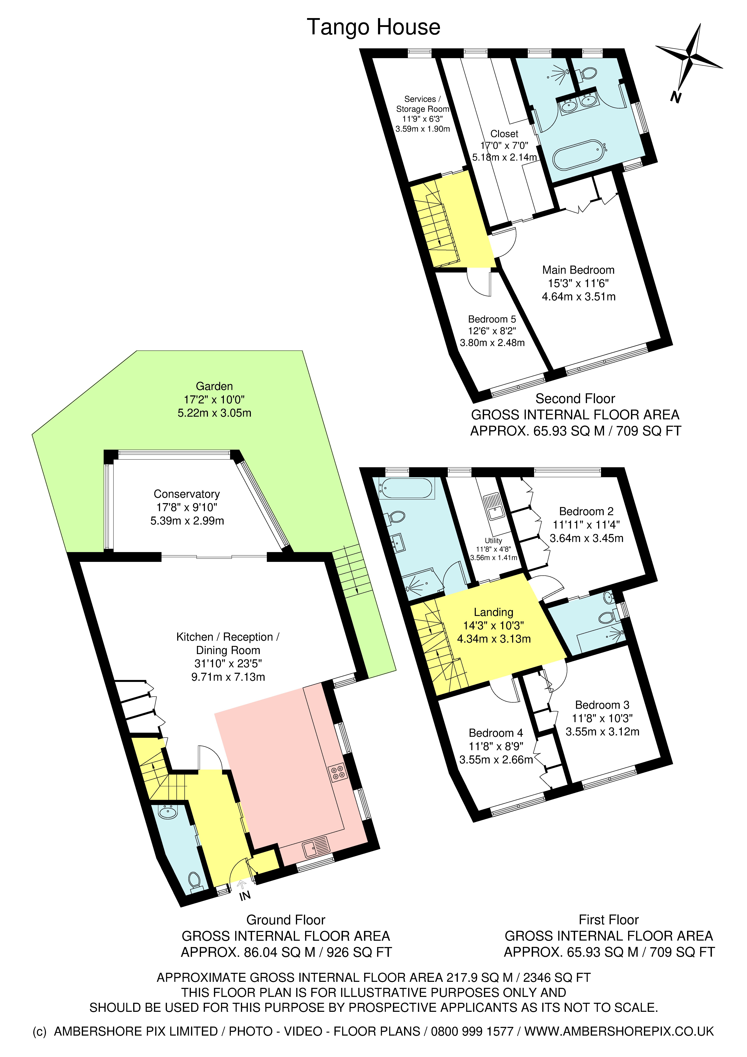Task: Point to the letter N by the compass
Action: click(x=675, y=97)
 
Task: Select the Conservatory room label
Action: click(x=187, y=494)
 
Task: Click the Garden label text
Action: click(x=214, y=386)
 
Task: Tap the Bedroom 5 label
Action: click(x=492, y=319)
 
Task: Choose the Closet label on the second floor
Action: click(x=504, y=134)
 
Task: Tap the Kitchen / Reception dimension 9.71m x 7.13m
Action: click(x=228, y=677)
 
